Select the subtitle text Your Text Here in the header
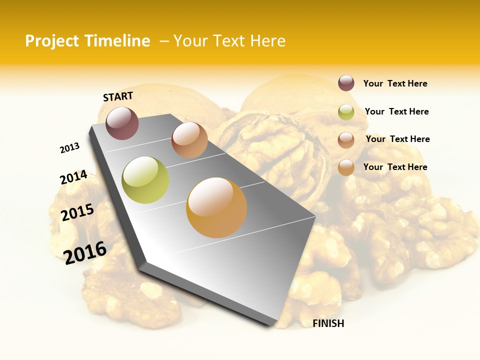[x=229, y=41]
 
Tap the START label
[x=118, y=96]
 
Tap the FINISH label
[x=328, y=323]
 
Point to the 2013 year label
[x=69, y=148]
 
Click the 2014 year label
[x=73, y=177]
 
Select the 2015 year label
[x=77, y=212]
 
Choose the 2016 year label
[x=85, y=253]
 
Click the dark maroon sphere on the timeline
[x=122, y=123]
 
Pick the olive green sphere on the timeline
[x=145, y=180]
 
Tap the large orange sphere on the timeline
[x=216, y=207]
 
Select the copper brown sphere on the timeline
[x=189, y=140]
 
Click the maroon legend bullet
[x=346, y=83]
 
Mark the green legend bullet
[x=346, y=112]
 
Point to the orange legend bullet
[x=346, y=167]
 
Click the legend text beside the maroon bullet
[x=395, y=83]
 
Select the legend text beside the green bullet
[x=396, y=111]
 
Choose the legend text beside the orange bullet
[x=395, y=167]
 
